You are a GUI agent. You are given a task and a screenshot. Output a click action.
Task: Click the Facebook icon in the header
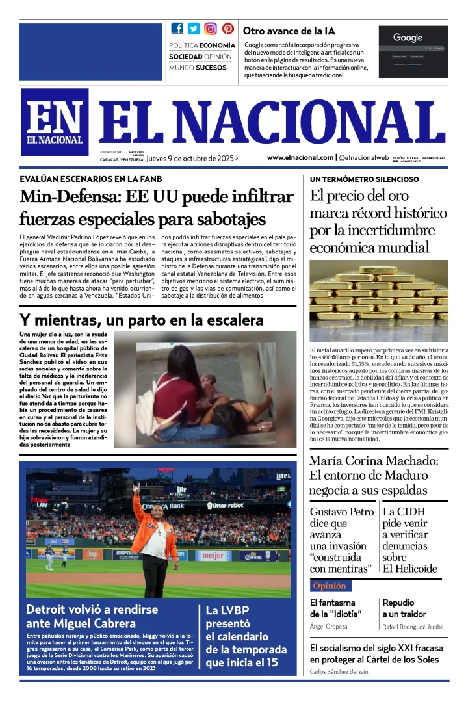point(177,29)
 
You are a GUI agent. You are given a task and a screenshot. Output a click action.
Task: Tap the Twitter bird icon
point(194,29)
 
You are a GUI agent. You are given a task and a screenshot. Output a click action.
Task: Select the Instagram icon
point(211,29)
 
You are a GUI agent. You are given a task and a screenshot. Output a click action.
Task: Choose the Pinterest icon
point(227,29)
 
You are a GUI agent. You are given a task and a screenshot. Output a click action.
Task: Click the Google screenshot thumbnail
point(413,51)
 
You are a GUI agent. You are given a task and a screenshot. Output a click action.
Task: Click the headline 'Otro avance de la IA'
point(289,31)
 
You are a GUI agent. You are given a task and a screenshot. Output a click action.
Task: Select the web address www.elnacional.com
point(300,157)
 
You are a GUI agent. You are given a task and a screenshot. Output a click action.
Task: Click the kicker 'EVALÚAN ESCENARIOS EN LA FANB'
point(91,179)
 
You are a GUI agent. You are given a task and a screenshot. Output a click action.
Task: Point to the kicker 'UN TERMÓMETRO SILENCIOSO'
point(364,179)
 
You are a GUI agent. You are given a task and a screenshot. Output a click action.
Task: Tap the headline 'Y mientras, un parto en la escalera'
point(142,320)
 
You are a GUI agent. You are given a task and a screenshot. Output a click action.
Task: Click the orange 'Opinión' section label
point(330,586)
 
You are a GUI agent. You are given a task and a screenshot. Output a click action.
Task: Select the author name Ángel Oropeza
point(328,627)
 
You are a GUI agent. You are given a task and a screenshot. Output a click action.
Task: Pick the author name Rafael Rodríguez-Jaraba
point(413,627)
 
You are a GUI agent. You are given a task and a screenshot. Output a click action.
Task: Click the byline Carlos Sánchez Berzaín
point(345,671)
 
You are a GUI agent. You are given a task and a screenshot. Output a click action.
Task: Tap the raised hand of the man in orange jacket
point(136,487)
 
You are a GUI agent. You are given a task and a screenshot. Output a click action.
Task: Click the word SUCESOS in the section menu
point(211,68)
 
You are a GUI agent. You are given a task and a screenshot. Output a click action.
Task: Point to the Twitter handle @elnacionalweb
point(364,157)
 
